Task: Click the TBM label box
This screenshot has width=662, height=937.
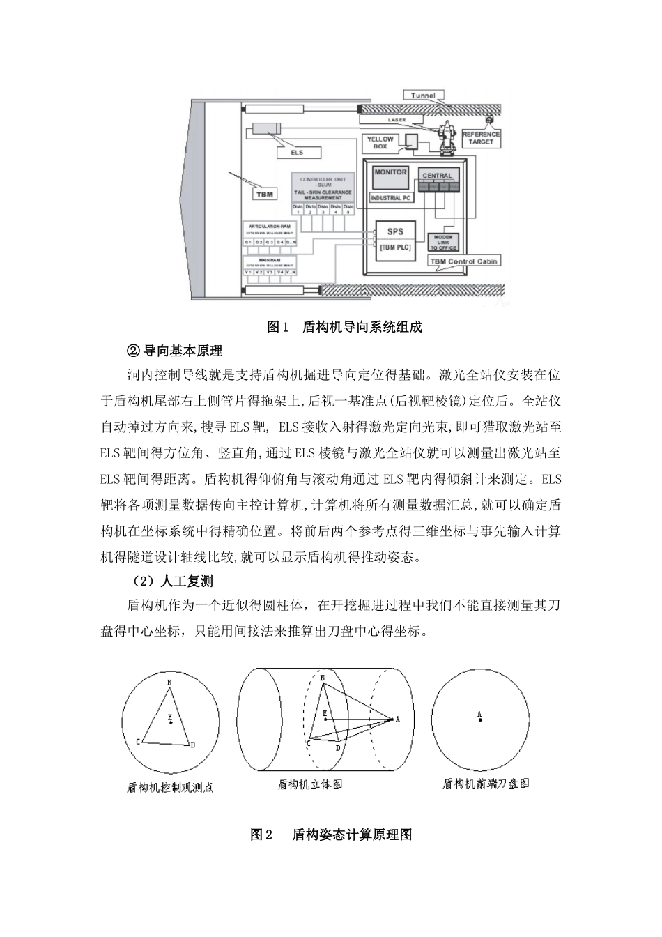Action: [265, 194]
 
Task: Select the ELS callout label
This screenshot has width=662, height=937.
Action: [296, 152]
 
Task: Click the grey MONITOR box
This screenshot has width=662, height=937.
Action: [390, 177]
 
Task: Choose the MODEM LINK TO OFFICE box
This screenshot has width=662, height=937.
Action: [442, 242]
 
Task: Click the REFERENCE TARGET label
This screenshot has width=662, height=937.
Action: [481, 137]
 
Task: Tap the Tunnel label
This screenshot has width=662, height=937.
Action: [423, 96]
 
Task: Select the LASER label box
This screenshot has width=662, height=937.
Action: [397, 120]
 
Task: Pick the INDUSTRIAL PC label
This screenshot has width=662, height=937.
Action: [391, 198]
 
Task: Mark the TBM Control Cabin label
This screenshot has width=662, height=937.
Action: [463, 262]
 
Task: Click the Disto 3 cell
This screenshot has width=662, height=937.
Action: [323, 209]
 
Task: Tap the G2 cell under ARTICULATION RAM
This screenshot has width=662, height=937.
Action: [259, 241]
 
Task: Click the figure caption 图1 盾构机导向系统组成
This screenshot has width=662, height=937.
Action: [345, 326]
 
